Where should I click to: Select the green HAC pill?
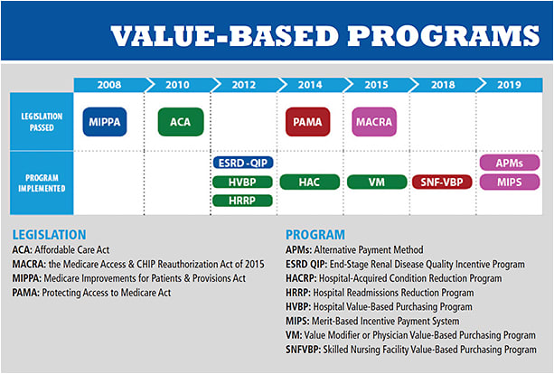click(308, 182)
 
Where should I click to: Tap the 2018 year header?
click(443, 84)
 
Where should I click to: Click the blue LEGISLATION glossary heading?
click(51, 235)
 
